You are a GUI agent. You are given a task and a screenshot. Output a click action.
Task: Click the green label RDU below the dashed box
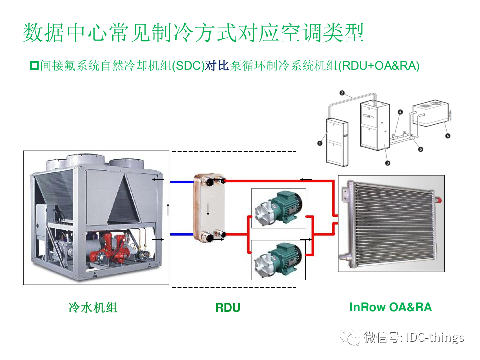coord(228,308)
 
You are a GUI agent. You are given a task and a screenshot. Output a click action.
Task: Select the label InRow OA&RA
coord(390,307)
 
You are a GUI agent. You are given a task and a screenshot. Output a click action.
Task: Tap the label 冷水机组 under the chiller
coord(93,308)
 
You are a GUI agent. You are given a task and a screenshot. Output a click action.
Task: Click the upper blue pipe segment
coord(181,182)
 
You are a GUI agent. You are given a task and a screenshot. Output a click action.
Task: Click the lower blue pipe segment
coord(181,234)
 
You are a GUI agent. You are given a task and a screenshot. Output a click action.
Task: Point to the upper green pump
coord(276,208)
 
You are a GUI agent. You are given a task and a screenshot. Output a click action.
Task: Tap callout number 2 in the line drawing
coord(342,93)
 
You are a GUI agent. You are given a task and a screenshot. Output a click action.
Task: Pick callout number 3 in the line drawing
coord(387,163)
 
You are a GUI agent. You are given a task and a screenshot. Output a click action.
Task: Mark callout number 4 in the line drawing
coord(400,113)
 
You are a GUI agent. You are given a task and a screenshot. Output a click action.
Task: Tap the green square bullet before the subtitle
coord(34,65)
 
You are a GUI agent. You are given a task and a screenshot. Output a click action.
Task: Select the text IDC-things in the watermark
coord(436,337)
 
